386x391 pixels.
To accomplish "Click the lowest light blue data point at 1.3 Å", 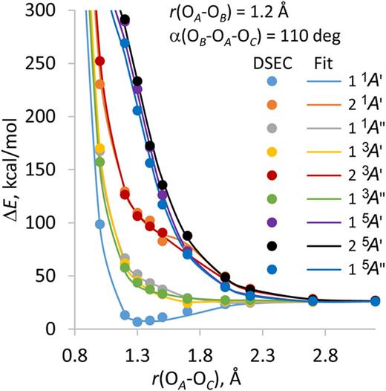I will tap(137, 321).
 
